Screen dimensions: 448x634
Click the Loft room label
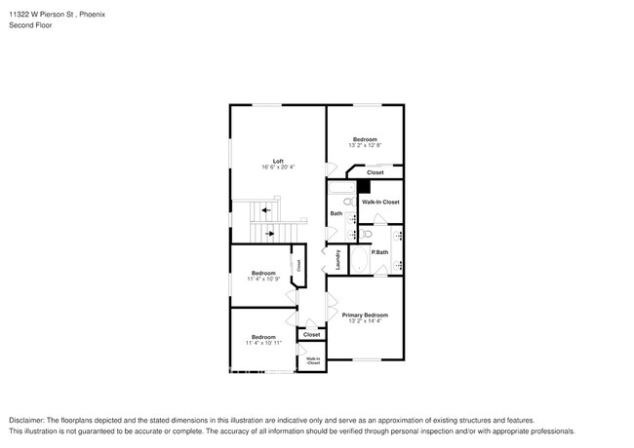[x=278, y=161]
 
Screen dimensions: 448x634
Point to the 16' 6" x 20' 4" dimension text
[x=278, y=168]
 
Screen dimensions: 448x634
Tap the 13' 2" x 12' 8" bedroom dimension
[x=365, y=146]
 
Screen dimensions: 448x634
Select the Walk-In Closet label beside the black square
[x=380, y=202]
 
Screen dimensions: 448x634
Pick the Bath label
[x=336, y=213]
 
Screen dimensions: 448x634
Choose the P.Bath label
[x=380, y=252]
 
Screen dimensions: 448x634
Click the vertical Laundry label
[x=338, y=260]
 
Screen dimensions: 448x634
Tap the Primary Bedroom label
[x=365, y=315]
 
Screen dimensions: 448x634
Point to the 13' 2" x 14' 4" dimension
[x=365, y=321]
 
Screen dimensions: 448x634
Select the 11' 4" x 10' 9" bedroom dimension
[x=263, y=280]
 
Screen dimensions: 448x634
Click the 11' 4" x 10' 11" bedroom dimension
[x=263, y=343]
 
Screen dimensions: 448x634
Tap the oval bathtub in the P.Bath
[x=358, y=260]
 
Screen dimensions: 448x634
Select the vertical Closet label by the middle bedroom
[x=298, y=265]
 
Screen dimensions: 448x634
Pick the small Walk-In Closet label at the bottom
[x=312, y=360]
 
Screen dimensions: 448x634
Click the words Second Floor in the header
[x=32, y=24]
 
